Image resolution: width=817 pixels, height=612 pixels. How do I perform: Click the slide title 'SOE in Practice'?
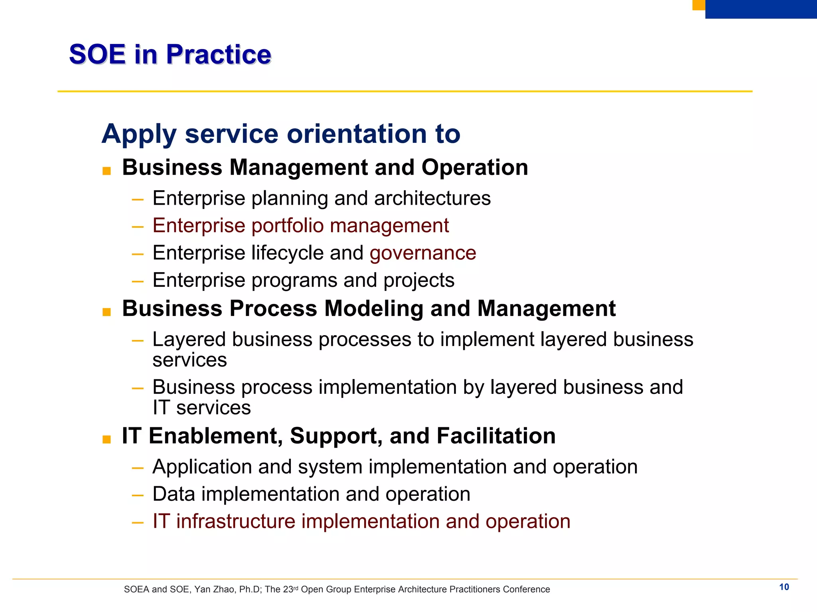click(x=170, y=54)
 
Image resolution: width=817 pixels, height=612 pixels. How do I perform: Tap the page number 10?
click(x=784, y=587)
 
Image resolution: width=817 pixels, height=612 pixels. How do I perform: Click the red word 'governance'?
click(x=423, y=253)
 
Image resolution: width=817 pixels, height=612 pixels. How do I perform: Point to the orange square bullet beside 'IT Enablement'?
click(x=107, y=439)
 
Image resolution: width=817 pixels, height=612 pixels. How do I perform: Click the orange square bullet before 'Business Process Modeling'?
click(x=107, y=312)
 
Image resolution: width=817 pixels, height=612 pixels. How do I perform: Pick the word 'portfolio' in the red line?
click(x=287, y=226)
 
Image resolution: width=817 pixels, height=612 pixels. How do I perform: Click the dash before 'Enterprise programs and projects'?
click(x=138, y=281)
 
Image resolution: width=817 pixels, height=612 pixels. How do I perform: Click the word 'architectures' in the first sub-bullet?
click(x=432, y=198)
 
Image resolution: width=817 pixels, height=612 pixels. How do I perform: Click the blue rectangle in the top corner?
click(x=761, y=9)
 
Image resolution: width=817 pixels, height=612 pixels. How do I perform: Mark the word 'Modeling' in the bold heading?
click(x=373, y=309)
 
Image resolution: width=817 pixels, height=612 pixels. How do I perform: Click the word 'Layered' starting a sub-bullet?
click(x=189, y=340)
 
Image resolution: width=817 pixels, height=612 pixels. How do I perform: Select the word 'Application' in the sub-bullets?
click(x=202, y=467)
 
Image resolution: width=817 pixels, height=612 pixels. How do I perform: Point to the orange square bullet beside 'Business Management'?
click(x=107, y=171)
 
